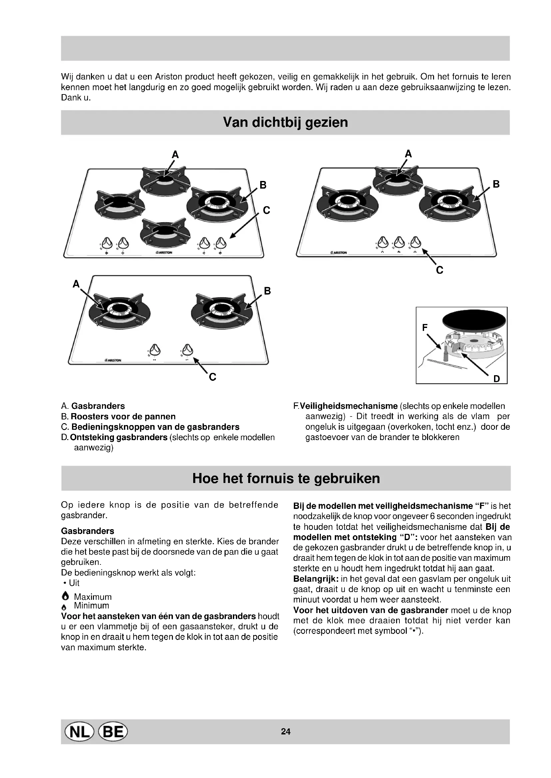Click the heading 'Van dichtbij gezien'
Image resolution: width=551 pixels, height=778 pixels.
click(x=285, y=122)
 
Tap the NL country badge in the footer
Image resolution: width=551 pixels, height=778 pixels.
click(x=78, y=732)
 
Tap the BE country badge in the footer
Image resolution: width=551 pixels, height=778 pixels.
click(x=113, y=732)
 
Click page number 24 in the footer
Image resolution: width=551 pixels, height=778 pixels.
click(x=286, y=732)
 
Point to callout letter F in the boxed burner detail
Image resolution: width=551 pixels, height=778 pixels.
click(x=425, y=328)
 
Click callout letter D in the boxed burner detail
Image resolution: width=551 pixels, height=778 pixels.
click(x=496, y=379)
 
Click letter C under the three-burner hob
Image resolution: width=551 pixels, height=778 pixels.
click(x=439, y=270)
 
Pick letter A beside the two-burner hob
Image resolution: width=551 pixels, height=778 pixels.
click(x=76, y=284)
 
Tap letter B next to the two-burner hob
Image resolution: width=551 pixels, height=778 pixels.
click(x=268, y=291)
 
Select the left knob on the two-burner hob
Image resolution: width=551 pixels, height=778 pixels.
click(x=155, y=349)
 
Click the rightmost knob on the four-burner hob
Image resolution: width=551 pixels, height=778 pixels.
click(x=221, y=242)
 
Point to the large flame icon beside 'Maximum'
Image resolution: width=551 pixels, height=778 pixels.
click(x=66, y=597)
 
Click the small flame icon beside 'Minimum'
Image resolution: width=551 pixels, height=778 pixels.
click(x=66, y=606)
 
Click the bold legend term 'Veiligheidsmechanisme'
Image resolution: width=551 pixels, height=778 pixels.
click(x=348, y=406)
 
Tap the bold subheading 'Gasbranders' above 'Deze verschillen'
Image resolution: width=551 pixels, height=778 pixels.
click(x=88, y=531)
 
